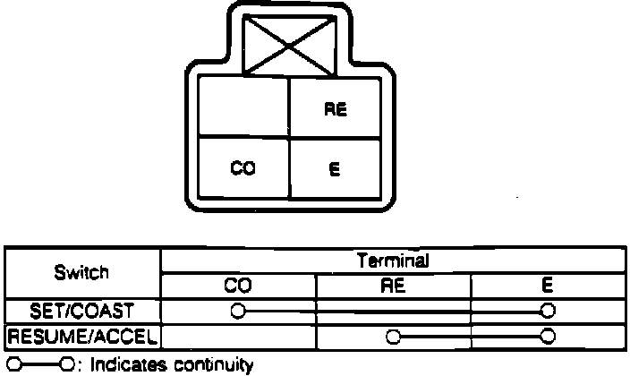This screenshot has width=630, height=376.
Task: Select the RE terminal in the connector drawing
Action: coord(336,111)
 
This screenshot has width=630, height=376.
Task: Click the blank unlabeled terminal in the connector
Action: coord(243,107)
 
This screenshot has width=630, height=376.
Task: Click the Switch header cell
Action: coord(81,272)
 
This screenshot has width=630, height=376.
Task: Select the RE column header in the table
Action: coord(392,286)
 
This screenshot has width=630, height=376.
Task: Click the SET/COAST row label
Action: coord(82,311)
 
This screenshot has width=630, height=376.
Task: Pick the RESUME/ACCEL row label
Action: coord(82,337)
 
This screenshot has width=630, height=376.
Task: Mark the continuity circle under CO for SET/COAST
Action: coord(237,311)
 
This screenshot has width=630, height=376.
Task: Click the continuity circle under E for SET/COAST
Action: coord(547,311)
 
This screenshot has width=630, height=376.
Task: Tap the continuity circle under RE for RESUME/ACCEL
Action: coord(392,337)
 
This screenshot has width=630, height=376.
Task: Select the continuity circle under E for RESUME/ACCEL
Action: coord(547,337)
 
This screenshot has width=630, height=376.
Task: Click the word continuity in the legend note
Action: coord(207,365)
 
